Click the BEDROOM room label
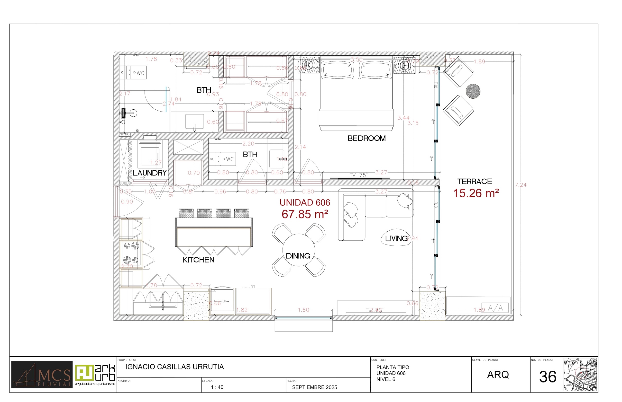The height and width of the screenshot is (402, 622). [x=366, y=138]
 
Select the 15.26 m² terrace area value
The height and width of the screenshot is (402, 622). [x=476, y=193]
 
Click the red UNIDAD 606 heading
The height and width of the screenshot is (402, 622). [x=305, y=202]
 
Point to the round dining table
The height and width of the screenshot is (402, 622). [x=298, y=250]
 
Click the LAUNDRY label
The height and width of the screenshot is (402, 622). [x=149, y=173]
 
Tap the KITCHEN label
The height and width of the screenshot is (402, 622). [x=198, y=260]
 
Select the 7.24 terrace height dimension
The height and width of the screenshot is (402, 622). [x=520, y=185]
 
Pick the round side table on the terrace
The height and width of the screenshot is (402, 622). [x=473, y=91]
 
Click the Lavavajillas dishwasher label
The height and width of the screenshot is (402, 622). [x=221, y=301]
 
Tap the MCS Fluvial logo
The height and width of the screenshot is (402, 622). [x=42, y=374]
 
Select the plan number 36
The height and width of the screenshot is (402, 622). [x=548, y=377]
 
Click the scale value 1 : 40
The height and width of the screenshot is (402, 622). [x=217, y=387]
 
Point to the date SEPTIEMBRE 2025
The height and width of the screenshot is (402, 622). [x=314, y=387]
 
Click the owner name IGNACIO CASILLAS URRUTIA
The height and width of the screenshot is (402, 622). [x=174, y=367]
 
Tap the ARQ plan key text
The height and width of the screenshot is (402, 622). [x=498, y=375]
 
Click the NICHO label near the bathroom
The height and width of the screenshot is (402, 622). [x=124, y=134]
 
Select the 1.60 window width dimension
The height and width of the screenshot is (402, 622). [x=303, y=310]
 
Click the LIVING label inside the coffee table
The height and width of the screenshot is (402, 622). [x=396, y=238]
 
